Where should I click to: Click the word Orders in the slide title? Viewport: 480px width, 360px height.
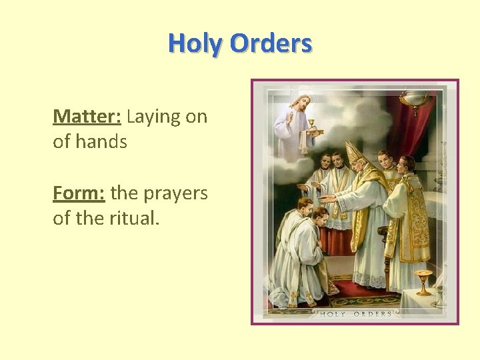270,43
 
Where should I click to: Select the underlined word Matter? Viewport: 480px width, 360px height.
87,117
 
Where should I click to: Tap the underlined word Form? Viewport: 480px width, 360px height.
79,193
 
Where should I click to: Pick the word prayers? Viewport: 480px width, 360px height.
176,194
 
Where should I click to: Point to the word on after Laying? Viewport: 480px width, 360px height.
196,117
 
